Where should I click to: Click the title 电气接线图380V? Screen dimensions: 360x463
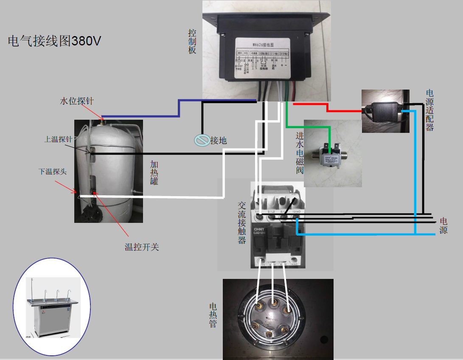(55, 41)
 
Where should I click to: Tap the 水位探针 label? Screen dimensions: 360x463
(77, 101)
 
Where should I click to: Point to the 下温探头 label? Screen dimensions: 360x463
(53, 172)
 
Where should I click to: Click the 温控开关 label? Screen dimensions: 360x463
(142, 247)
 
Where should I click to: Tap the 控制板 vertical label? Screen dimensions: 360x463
(192, 41)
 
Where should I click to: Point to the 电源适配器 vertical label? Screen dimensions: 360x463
(430, 110)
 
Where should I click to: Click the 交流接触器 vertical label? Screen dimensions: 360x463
(242, 222)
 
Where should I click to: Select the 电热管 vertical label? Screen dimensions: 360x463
(213, 315)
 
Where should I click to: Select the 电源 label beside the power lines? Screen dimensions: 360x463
(443, 225)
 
